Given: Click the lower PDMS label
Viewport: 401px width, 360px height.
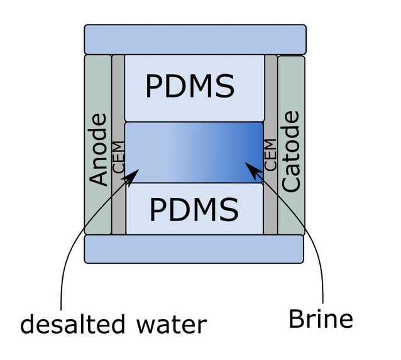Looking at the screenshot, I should (x=194, y=209).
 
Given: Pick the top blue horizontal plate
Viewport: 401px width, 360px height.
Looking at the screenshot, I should (x=195, y=39).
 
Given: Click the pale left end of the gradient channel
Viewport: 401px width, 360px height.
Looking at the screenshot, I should (x=135, y=153).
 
